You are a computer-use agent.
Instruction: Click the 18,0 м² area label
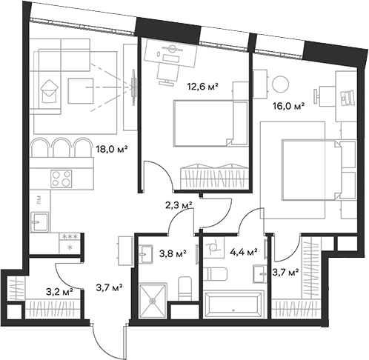click(x=112, y=148)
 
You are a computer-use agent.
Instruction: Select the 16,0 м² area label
click(x=290, y=106)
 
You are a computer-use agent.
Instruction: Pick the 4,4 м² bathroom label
click(x=242, y=252)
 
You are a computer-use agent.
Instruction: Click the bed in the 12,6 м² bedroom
click(x=205, y=122)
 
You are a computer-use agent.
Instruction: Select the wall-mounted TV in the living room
click(x=134, y=84)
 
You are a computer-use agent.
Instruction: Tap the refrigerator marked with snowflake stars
click(x=72, y=241)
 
